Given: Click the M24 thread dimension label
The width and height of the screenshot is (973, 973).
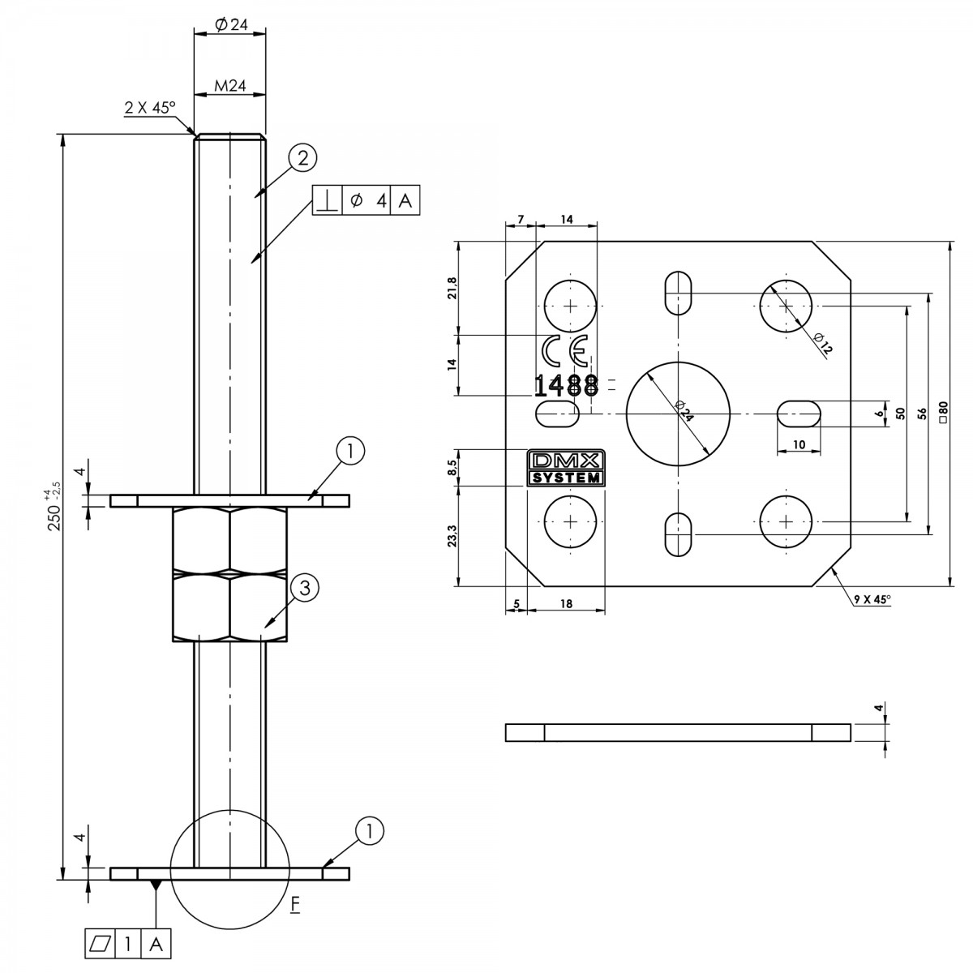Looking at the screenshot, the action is [x=229, y=86].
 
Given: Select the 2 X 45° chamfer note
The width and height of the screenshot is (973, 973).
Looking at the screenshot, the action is [x=150, y=108].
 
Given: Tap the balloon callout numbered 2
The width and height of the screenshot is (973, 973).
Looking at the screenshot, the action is [x=302, y=158].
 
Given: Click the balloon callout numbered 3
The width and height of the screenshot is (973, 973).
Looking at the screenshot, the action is [x=305, y=588].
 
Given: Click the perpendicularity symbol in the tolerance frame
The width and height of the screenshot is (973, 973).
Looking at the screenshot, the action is [x=328, y=201].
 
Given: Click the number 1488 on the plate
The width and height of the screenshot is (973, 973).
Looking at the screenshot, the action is [x=567, y=386].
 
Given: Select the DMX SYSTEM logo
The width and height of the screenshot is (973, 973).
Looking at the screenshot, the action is [x=565, y=468].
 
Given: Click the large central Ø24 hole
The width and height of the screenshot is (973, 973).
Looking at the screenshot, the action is [x=678, y=414].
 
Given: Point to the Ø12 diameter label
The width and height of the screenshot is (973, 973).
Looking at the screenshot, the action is [x=822, y=343].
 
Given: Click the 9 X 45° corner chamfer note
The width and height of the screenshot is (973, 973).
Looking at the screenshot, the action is [x=872, y=599].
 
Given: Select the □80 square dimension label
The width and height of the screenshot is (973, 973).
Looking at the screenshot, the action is [x=943, y=412].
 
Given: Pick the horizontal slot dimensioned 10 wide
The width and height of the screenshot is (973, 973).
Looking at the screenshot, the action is [x=799, y=414].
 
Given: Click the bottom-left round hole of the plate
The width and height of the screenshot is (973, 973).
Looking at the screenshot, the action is [x=570, y=521].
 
